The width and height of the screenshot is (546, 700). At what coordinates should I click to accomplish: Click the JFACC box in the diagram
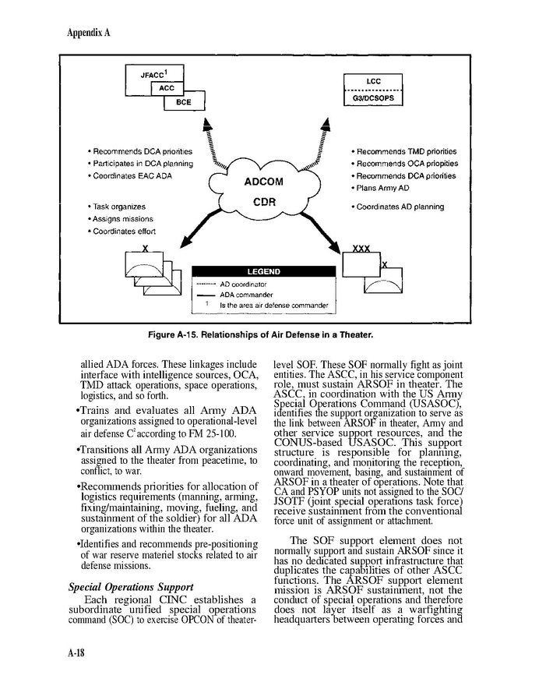[x=151, y=75]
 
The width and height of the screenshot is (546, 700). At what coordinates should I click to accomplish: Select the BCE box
[x=184, y=102]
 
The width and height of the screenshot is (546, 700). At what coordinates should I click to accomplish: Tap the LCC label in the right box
[x=373, y=81]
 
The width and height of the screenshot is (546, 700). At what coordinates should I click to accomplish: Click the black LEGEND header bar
[x=263, y=272]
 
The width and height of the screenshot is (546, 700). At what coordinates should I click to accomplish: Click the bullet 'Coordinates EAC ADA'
[x=129, y=177]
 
